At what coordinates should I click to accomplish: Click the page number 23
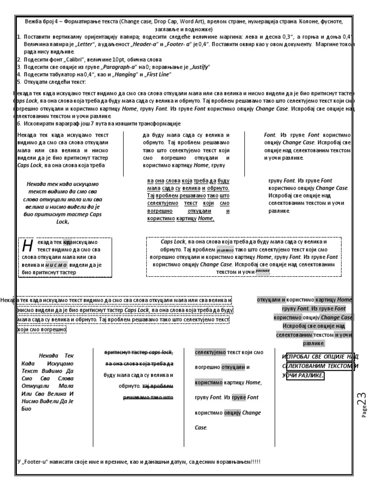(x=360, y=398)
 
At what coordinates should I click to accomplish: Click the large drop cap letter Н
(x=27, y=245)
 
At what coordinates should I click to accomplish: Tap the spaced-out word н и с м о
(x=57, y=264)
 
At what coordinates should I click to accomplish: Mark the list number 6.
(x=19, y=124)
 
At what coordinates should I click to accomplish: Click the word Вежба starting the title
(x=34, y=22)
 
